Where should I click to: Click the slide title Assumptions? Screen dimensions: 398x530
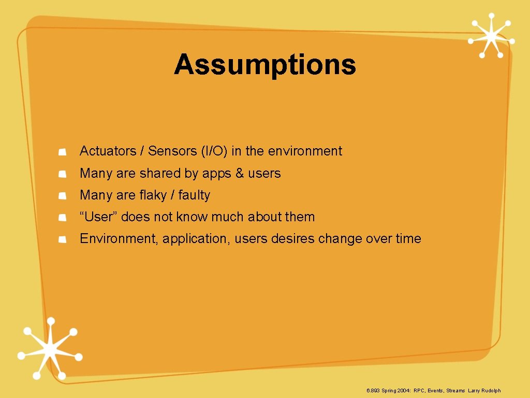coord(265,65)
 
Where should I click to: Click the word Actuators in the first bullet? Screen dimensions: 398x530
coord(107,151)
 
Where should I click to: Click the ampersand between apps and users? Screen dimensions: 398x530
coord(239,173)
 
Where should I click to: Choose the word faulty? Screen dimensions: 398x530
coord(194,195)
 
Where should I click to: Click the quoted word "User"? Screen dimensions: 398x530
coord(98,217)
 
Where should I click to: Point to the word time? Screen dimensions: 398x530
coord(408,238)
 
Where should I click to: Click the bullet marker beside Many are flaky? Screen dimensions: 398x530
coord(62,196)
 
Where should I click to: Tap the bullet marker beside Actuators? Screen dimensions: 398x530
coord(62,152)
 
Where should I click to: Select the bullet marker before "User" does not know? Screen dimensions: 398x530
coord(62,218)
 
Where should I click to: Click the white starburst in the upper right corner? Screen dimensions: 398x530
coord(491,35)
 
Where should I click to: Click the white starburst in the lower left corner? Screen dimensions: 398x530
coord(50,348)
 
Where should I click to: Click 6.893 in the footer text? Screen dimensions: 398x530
coord(373,391)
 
